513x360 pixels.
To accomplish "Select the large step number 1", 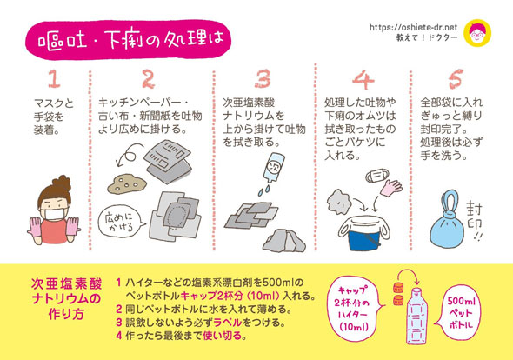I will [54, 81].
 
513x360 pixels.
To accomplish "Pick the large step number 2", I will [148, 81].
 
